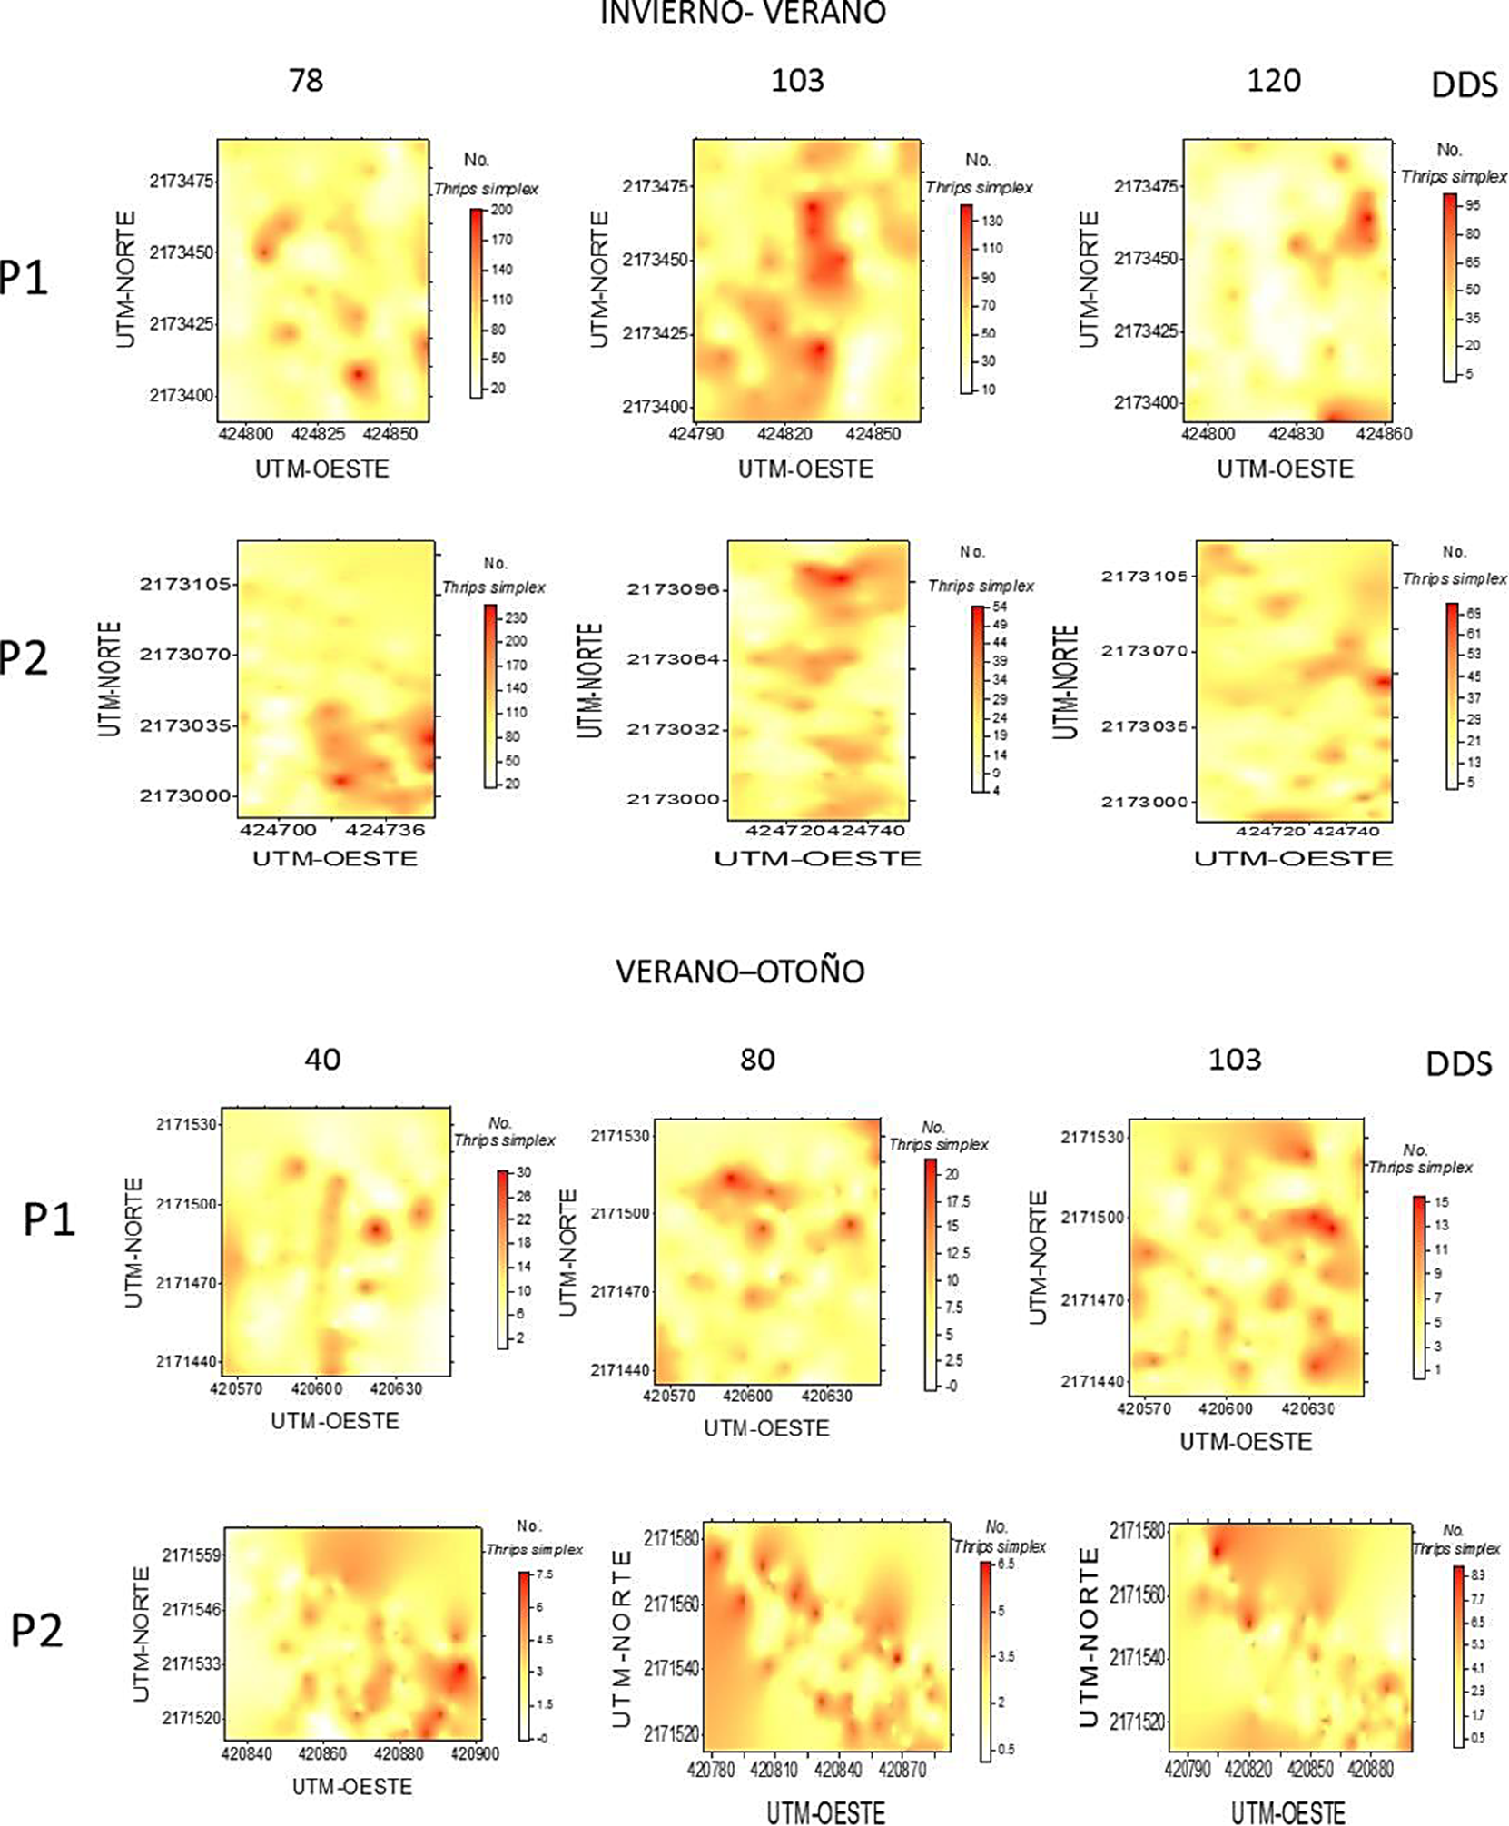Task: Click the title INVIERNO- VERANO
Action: click(742, 12)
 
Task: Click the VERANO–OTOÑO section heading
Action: click(740, 972)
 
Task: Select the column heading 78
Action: click(306, 80)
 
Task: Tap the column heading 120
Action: click(1274, 80)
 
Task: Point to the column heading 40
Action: click(322, 1059)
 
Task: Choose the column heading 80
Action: click(757, 1059)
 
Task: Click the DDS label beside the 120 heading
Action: click(1464, 85)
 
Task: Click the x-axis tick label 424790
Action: click(696, 434)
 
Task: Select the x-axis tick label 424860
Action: click(1384, 434)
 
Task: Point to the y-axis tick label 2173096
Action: click(672, 590)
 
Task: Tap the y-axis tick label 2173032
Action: click(672, 729)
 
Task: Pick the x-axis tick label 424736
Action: click(385, 829)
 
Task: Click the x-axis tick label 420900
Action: click(475, 1754)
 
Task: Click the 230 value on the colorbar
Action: click(516, 617)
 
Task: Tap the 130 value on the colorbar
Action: click(991, 221)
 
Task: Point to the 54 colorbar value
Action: click(999, 607)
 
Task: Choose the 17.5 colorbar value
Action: click(958, 1202)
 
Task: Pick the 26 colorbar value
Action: click(524, 1196)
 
